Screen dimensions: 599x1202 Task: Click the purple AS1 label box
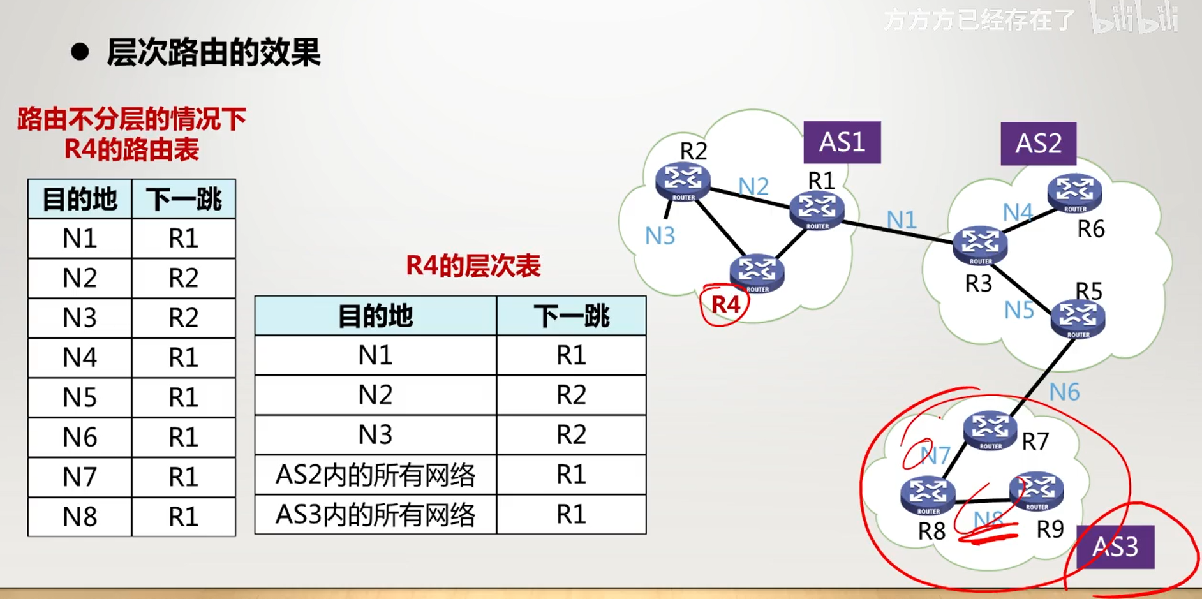[x=842, y=142]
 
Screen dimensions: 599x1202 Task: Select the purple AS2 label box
[x=1038, y=144]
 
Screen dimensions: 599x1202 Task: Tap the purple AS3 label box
[x=1115, y=547]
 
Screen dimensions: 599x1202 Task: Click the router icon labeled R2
[x=683, y=181]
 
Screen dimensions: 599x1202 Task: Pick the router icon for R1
[x=817, y=210]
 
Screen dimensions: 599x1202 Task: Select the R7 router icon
[x=990, y=429]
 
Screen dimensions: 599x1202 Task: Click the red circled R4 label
[x=725, y=304]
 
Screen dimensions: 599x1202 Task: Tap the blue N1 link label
[x=901, y=220]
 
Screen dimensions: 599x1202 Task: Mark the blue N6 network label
[x=1064, y=392]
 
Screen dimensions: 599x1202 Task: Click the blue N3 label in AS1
[x=660, y=236]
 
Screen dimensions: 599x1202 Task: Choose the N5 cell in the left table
[x=80, y=397]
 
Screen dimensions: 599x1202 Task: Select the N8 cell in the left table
[x=80, y=516]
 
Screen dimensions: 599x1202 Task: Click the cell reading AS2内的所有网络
[x=375, y=475]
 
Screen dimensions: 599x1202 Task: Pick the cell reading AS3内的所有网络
[x=375, y=514]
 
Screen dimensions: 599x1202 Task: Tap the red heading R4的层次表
[x=473, y=265]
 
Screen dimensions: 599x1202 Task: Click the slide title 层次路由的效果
[x=213, y=52]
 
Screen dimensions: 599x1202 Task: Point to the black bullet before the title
[x=80, y=52]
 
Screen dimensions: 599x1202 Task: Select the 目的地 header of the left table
[x=80, y=200]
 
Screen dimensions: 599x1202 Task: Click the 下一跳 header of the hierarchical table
[x=571, y=316]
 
